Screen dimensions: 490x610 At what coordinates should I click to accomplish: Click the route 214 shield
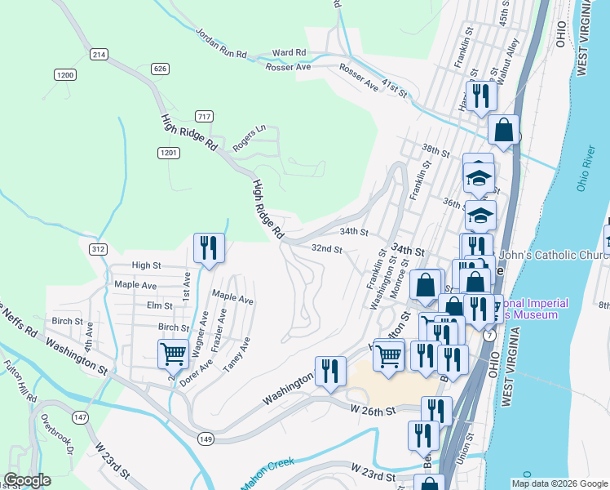[99, 54]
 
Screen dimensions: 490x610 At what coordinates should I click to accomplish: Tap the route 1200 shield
[65, 75]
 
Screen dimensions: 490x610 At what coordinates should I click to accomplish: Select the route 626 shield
[160, 69]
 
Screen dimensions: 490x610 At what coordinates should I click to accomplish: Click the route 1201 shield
[169, 153]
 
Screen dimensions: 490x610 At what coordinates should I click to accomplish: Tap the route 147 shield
[80, 417]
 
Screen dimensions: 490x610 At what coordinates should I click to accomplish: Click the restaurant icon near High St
[209, 247]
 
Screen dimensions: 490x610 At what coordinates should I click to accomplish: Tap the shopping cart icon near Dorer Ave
[173, 354]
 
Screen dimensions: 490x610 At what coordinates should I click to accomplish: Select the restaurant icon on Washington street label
[329, 370]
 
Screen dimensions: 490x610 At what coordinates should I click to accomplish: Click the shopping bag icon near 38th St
[504, 130]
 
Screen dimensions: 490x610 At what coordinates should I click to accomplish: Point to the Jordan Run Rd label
[221, 42]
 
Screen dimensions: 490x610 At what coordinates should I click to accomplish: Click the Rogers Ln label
[250, 137]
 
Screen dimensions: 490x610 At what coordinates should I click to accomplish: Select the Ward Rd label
[290, 52]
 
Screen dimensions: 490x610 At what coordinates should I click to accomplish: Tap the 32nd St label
[326, 248]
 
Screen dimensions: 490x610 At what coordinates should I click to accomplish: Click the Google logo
[27, 479]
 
